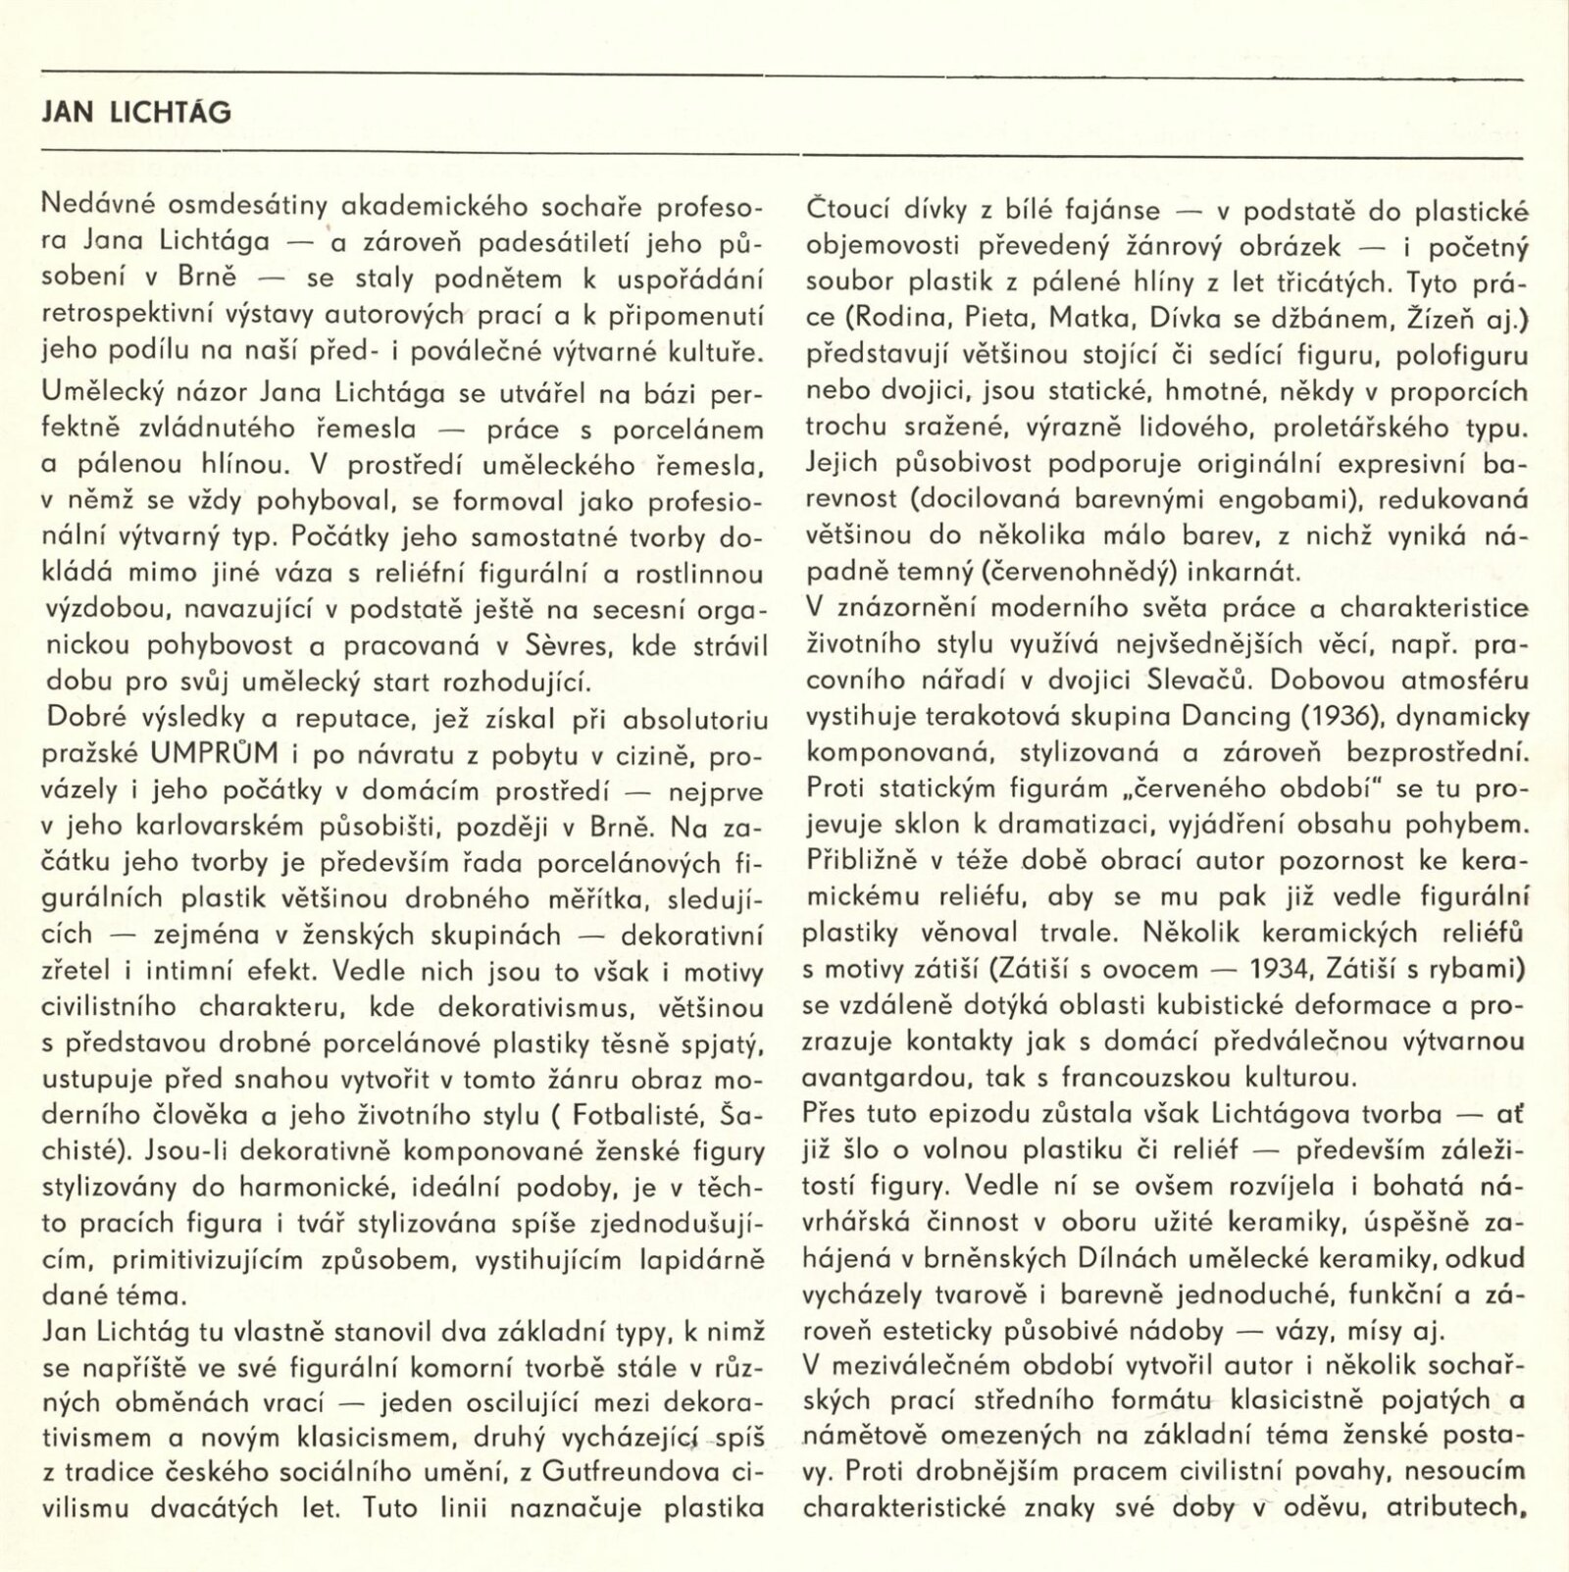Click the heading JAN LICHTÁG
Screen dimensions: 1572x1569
(x=137, y=112)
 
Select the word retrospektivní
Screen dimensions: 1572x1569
(x=117, y=316)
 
